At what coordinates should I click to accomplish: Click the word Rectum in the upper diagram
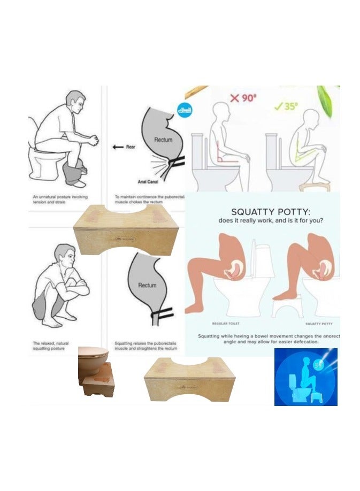coord(163,140)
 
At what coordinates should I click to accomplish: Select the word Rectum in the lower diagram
coord(147,285)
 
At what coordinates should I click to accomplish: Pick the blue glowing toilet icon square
coord(305,377)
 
